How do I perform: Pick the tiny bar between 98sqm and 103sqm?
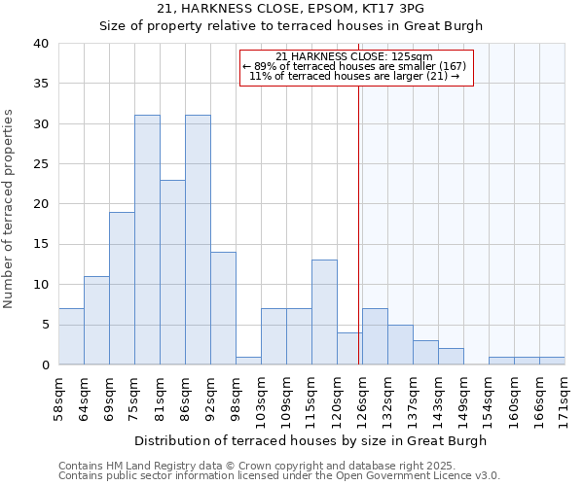pos(248,361)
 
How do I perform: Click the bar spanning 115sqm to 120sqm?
pos(324,312)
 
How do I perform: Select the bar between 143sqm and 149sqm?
pos(451,356)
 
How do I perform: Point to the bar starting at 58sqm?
pos(71,336)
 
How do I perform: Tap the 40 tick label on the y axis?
pos(40,44)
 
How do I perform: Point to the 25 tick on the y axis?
pos(40,164)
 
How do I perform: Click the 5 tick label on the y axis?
pos(44,325)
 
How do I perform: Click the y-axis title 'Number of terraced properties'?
pos(9,209)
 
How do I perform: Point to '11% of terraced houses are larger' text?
pos(355,76)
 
